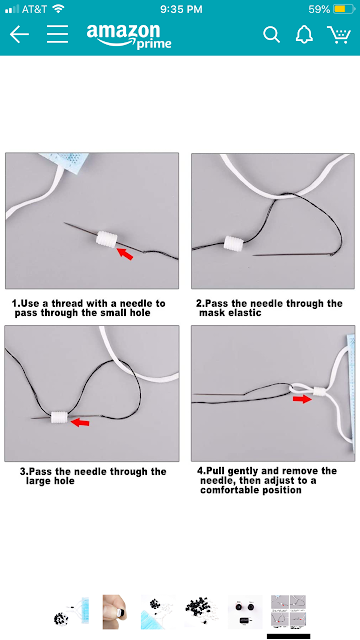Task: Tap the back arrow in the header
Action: coord(19,34)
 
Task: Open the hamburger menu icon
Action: coord(57,34)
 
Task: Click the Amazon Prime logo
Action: coord(129,36)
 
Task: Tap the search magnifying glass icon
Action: coord(271,35)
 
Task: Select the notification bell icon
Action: coord(304,35)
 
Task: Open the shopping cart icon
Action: coord(339,35)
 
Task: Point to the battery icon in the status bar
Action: coord(344,9)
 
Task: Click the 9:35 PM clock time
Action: coord(181,9)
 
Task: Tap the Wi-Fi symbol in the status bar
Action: coord(59,9)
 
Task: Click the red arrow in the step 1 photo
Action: coord(125,253)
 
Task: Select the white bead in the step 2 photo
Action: coord(233,244)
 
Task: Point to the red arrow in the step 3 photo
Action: coord(80,422)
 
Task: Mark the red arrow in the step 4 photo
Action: coord(302,399)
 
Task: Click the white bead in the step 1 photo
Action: coord(107,239)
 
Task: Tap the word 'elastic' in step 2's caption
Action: coord(246,313)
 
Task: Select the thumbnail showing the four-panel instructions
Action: coord(288,611)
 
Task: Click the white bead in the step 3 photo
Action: coord(60,417)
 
